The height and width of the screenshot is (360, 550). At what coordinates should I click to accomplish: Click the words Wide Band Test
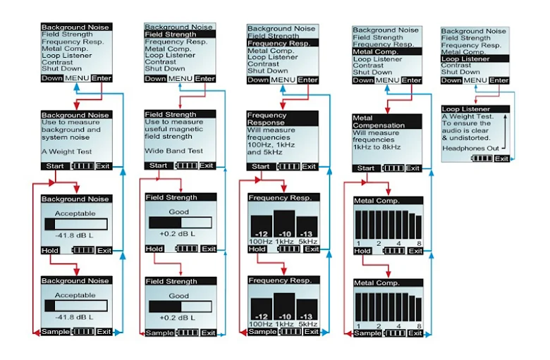click(173, 151)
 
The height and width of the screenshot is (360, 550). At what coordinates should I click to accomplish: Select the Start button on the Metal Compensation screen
click(366, 168)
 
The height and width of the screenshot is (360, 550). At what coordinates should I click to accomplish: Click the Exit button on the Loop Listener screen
click(501, 159)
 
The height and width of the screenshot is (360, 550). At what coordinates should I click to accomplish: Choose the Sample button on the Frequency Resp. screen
click(262, 331)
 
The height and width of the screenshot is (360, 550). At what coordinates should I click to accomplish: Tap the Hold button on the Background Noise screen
click(50, 250)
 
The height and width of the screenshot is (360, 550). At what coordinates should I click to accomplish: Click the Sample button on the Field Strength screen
click(159, 330)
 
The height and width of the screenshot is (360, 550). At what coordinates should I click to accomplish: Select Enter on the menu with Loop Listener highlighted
click(499, 80)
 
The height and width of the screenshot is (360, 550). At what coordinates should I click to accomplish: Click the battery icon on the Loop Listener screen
click(482, 159)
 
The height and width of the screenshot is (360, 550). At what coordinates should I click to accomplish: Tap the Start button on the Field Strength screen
click(159, 166)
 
